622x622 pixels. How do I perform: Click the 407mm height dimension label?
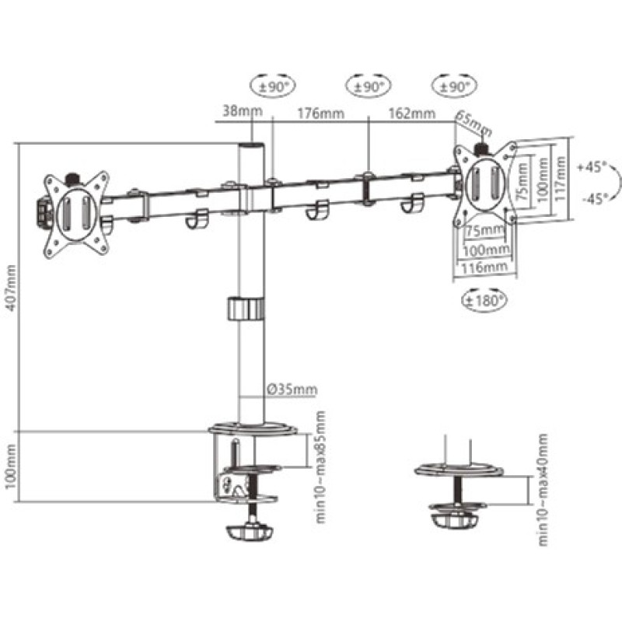11,288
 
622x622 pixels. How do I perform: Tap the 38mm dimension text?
243,110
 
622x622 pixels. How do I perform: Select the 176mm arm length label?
321,113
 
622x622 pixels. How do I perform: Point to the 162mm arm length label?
412,113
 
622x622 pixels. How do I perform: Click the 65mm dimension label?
473,124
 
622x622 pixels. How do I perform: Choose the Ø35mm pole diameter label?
292,390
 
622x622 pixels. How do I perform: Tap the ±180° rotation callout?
484,300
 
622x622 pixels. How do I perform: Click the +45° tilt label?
592,167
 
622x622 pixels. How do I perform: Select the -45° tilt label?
595,198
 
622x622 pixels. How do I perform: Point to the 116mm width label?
484,267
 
